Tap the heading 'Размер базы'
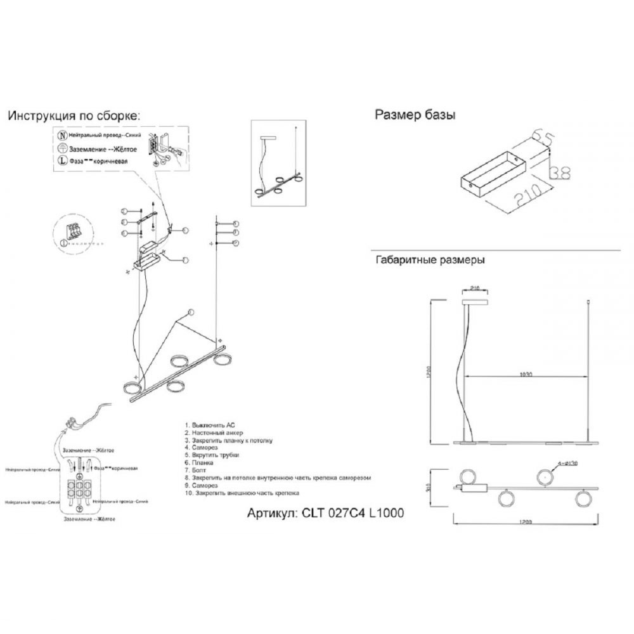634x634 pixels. (415, 115)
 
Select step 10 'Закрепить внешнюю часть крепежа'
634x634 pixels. (242, 493)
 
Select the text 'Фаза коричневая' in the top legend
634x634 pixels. (98, 161)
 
